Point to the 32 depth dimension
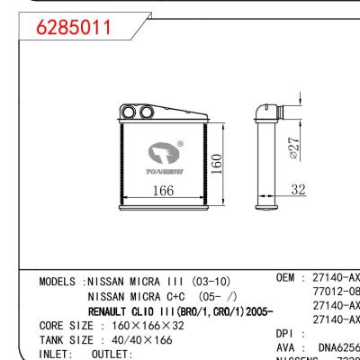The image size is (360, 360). (299, 190)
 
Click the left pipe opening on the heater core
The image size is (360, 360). (129, 112)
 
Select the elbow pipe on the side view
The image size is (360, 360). (267, 110)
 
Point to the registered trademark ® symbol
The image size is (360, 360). (180, 142)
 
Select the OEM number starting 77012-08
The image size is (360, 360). (335, 292)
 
